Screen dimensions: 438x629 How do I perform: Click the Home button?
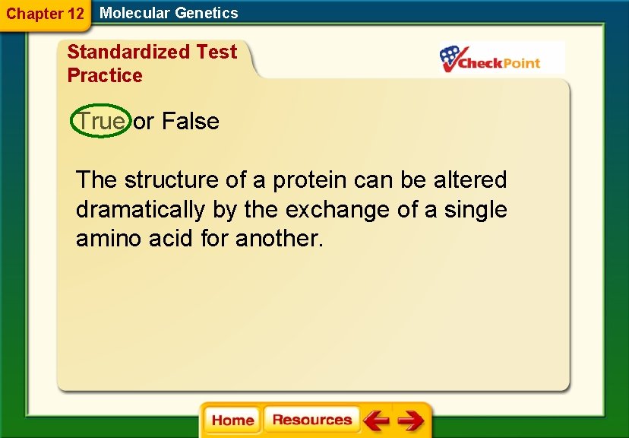pos(232,421)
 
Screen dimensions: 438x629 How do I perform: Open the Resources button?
pos(311,420)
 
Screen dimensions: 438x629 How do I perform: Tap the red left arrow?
pos(376,421)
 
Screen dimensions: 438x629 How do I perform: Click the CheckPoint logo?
pos(491,59)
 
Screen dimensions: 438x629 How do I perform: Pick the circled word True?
pos(101,121)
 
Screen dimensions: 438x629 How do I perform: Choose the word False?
pos(191,121)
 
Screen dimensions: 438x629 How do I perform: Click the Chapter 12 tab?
pos(45,14)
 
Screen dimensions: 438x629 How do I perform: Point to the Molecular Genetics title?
pos(169,13)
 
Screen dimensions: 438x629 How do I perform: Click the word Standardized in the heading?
pos(128,52)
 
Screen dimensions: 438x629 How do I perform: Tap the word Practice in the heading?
pos(105,75)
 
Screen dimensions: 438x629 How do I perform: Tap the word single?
pos(475,209)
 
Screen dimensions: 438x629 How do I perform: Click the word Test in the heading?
pos(217,52)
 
